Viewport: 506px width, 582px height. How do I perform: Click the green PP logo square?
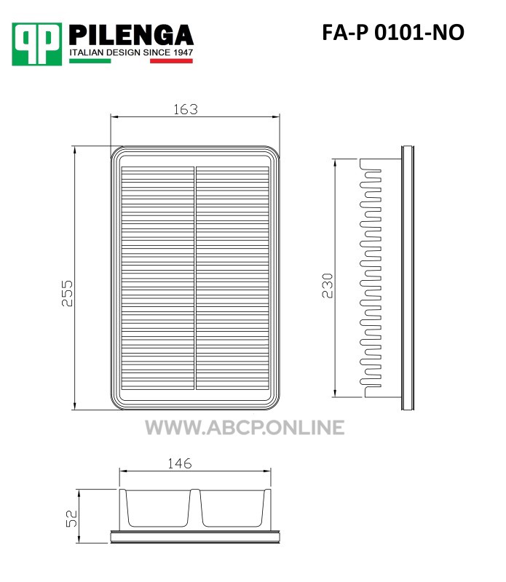click(37, 44)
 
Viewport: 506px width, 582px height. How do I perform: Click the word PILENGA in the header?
click(131, 35)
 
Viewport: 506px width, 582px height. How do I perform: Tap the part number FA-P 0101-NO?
click(393, 32)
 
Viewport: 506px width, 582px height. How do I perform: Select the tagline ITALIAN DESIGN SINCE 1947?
click(131, 52)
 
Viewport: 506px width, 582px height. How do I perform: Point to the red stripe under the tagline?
click(171, 61)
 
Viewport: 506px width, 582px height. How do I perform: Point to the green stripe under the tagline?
click(90, 61)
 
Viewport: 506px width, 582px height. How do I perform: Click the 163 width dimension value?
click(186, 109)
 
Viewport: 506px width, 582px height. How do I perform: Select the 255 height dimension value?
click(67, 293)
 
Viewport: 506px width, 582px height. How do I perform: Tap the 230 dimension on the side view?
click(328, 285)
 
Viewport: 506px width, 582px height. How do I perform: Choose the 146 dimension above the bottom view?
click(180, 463)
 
